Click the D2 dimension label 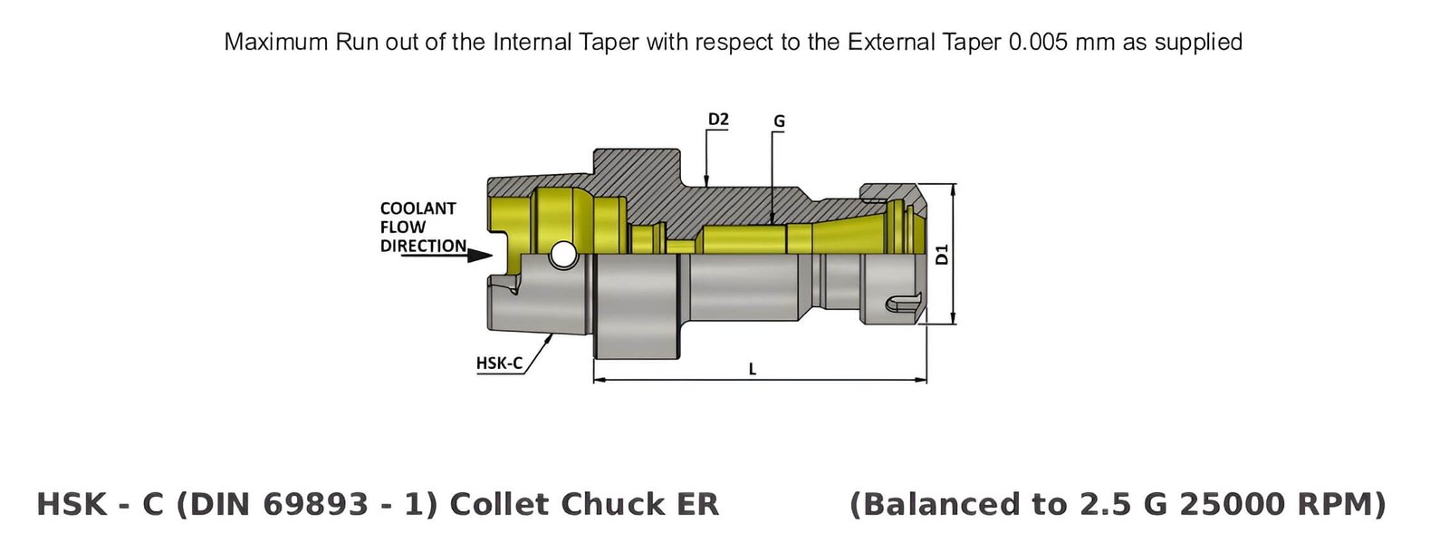click(717, 120)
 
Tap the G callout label click(779, 121)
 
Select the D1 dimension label click(942, 255)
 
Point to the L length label click(753, 369)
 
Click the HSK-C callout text click(499, 363)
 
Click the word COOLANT click(417, 208)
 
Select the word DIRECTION click(423, 246)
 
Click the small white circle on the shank click(563, 256)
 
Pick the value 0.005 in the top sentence click(1038, 43)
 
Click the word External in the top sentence click(886, 43)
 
